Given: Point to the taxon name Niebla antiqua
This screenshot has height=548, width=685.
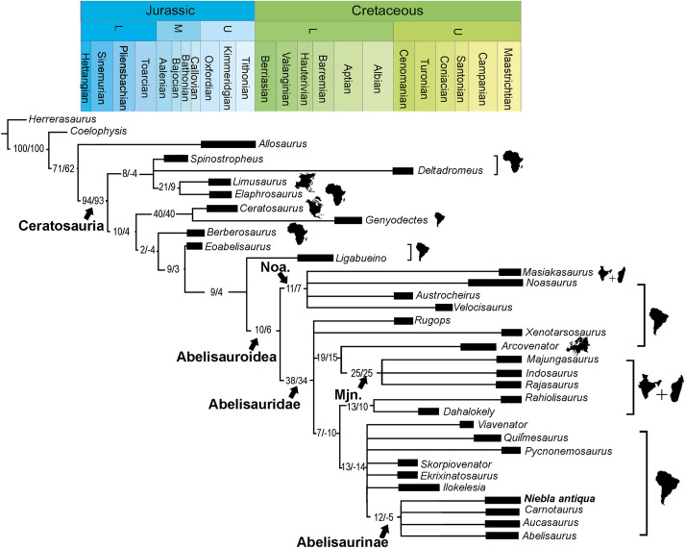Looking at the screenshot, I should pos(561,498).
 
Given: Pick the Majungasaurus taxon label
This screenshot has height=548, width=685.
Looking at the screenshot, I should pos(557,359).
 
